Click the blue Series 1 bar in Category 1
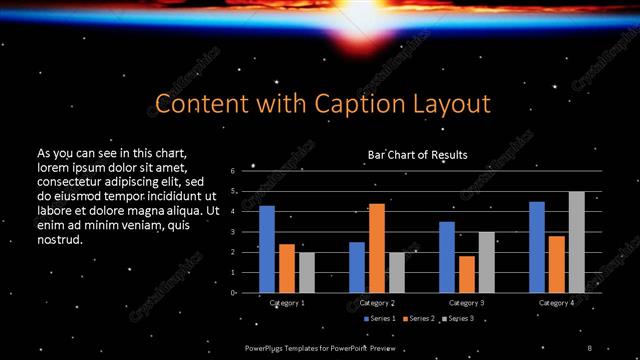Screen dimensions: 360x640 pos(267,249)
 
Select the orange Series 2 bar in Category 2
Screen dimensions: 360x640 pos(376,248)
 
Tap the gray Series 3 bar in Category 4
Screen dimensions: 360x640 pos(576,242)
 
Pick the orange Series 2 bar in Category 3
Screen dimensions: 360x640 pos(466,274)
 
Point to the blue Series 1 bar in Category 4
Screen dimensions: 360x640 pos(537,247)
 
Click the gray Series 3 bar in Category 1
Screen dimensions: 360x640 pos(306,272)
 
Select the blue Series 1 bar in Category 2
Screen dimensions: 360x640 pos(357,267)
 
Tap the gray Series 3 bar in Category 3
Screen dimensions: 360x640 pos(486,262)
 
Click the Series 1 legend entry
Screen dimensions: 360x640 pos(381,318)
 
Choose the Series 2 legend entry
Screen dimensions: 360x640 pos(420,318)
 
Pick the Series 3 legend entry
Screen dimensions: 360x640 pos(459,318)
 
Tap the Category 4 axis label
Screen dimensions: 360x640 pos(556,301)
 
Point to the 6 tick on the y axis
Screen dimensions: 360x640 pos(232,171)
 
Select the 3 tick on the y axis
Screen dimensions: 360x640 pos(232,232)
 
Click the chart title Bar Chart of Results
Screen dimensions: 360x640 pos(417,155)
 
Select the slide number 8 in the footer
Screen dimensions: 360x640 pos(590,345)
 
